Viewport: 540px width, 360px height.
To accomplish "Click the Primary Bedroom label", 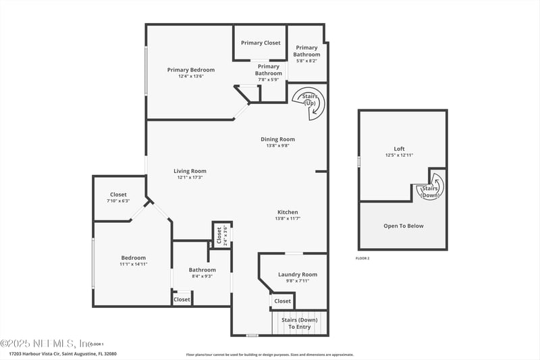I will pos(191,70).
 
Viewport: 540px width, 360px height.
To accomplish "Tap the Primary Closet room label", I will pos(261,43).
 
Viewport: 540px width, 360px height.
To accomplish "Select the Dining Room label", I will pos(278,140).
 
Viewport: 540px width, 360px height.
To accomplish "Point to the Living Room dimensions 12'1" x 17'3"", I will pos(190,178).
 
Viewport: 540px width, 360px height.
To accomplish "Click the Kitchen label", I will pos(288,212).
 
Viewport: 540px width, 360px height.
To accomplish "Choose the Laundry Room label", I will pos(298,275).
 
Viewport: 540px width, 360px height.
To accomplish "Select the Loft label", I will pos(400,149).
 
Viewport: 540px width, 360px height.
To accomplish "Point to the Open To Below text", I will pos(404,226).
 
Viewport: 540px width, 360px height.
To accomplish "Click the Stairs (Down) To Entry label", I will pos(299,323).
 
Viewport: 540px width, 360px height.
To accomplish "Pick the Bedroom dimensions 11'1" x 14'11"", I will pos(134,264).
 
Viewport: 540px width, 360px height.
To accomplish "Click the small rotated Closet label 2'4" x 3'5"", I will pos(219,234).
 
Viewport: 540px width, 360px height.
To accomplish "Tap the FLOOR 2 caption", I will pos(362,259).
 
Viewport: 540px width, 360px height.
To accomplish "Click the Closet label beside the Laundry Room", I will pos(282,301).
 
